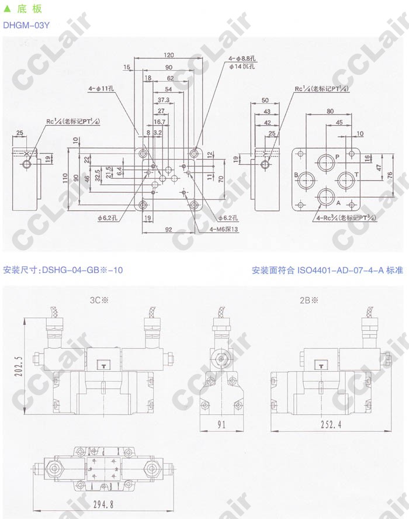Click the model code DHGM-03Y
[26, 25]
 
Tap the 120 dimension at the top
[168, 55]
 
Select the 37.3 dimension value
[164, 100]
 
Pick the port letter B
[296, 175]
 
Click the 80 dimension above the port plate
[330, 110]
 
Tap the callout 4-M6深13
[224, 229]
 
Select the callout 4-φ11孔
[103, 89]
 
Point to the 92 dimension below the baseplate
[168, 229]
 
